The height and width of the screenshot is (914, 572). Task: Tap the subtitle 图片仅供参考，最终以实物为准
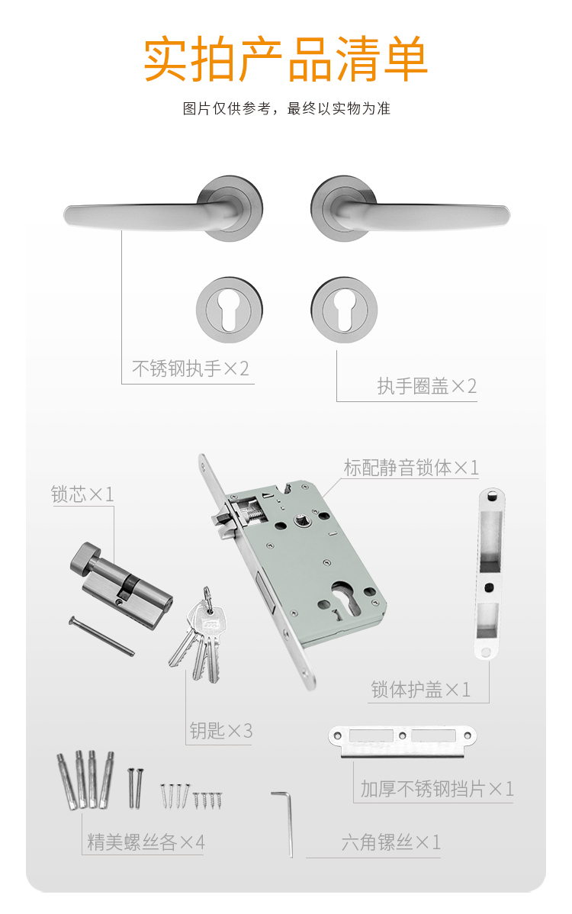tap(286, 108)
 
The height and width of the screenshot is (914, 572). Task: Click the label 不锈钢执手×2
tap(191, 368)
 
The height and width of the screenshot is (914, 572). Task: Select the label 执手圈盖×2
tap(427, 386)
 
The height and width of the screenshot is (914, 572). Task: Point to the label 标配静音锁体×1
tap(411, 468)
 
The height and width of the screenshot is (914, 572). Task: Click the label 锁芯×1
tap(82, 494)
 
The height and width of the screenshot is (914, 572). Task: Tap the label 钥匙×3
tap(220, 730)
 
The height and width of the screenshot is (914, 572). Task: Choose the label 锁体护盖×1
tap(420, 690)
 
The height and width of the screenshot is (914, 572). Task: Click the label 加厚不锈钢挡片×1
tap(437, 789)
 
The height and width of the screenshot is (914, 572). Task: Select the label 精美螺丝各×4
tap(146, 842)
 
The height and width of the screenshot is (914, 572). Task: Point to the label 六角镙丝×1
tap(390, 842)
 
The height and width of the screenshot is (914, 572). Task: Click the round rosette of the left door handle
tap(230, 208)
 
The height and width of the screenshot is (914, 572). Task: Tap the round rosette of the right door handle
tap(344, 208)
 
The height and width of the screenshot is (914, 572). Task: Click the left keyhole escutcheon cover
tap(230, 310)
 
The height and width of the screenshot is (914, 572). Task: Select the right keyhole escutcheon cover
tap(344, 310)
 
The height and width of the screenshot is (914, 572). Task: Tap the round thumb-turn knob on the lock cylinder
tap(85, 557)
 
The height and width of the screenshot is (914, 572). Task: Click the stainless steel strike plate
tap(403, 740)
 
